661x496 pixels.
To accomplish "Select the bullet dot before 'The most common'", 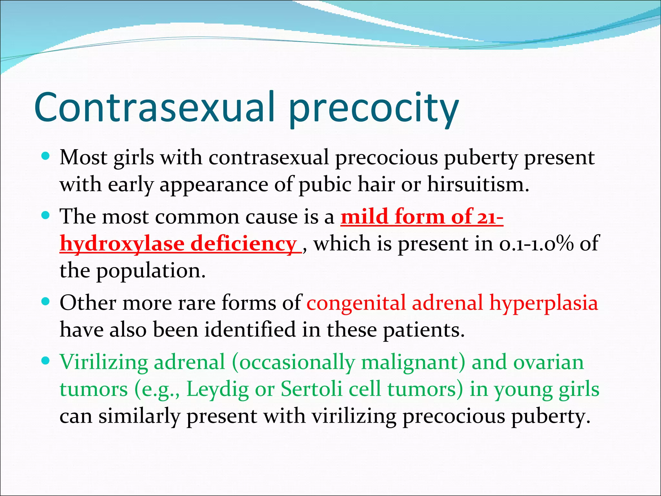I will tap(46, 215).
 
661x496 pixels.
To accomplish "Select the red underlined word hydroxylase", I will tap(122, 244).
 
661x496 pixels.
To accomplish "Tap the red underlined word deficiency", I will tap(244, 244).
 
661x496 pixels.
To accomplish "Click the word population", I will tap(151, 271).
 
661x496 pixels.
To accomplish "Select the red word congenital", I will tap(356, 304).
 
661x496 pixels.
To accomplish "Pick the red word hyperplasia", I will tap(544, 304).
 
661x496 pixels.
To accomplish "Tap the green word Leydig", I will tap(218, 389).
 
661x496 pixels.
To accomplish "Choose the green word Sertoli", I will tap(311, 389).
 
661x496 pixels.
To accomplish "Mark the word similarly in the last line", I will tap(139, 417).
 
